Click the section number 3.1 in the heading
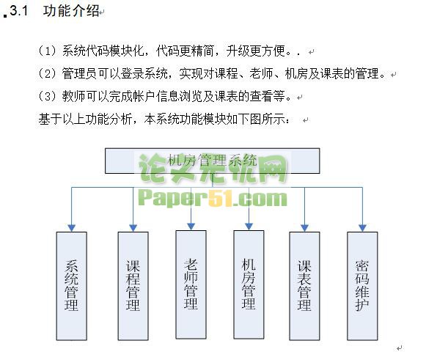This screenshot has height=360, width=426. pos(19,11)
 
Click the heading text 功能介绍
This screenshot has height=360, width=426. pos(71,11)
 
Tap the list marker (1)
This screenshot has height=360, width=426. pos(47,51)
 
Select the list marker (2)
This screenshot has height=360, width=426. pos(47,73)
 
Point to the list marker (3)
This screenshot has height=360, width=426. pos(47,96)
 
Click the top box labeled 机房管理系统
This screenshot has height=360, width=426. pos(212,161)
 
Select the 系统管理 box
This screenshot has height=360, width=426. pos(71,286)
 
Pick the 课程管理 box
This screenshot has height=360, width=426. pos(133,286)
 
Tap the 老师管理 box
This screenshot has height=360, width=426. pos(191,284)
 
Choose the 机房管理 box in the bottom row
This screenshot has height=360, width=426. pos(249,284)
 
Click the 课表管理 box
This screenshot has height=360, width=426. pos(304,286)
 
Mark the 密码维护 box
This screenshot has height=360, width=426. pos(362,286)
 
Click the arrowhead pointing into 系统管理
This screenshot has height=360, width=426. pos(71,228)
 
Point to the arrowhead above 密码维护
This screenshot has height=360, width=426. pos(362,228)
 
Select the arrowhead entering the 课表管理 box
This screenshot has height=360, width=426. pos(304,228)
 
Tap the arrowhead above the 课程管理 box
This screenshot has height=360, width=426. pos(133,228)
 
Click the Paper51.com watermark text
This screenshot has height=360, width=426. pos(213,199)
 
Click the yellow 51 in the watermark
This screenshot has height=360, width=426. pos(221,198)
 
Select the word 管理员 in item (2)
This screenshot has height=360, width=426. pos(79,73)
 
